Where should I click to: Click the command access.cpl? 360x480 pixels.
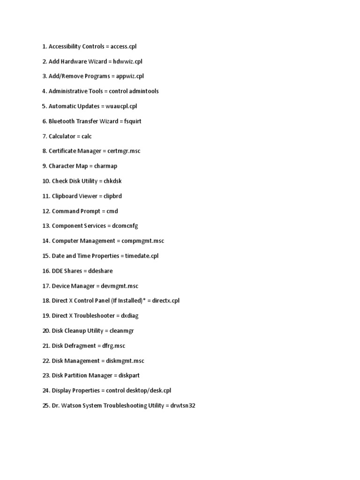[124, 46]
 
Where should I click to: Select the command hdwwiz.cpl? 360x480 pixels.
[127, 61]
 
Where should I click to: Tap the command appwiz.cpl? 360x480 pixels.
[130, 76]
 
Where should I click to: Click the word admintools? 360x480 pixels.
[143, 91]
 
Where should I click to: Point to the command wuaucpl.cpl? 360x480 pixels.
[121, 106]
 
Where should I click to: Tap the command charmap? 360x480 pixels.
[105, 166]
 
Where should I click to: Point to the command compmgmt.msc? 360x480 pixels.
[142, 241]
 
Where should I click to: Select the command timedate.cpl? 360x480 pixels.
[142, 256]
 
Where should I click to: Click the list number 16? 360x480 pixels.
[46, 271]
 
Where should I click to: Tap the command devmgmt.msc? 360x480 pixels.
[120, 286]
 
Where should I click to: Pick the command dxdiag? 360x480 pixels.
[130, 316]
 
